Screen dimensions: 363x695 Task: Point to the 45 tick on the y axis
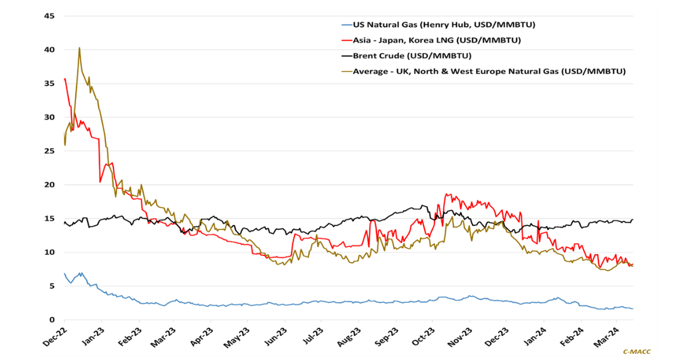(x=49, y=16)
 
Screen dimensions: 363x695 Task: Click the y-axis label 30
(x=49, y=118)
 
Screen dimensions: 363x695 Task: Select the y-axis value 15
(x=49, y=219)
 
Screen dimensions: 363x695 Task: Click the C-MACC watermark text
(x=636, y=351)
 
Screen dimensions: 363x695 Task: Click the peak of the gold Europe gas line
(x=79, y=48)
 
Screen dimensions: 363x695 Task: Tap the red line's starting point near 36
(x=65, y=79)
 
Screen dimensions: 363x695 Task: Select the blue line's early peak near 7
(x=81, y=273)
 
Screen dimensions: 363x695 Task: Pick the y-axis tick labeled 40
(x=49, y=50)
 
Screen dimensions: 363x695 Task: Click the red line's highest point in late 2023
(x=447, y=194)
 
